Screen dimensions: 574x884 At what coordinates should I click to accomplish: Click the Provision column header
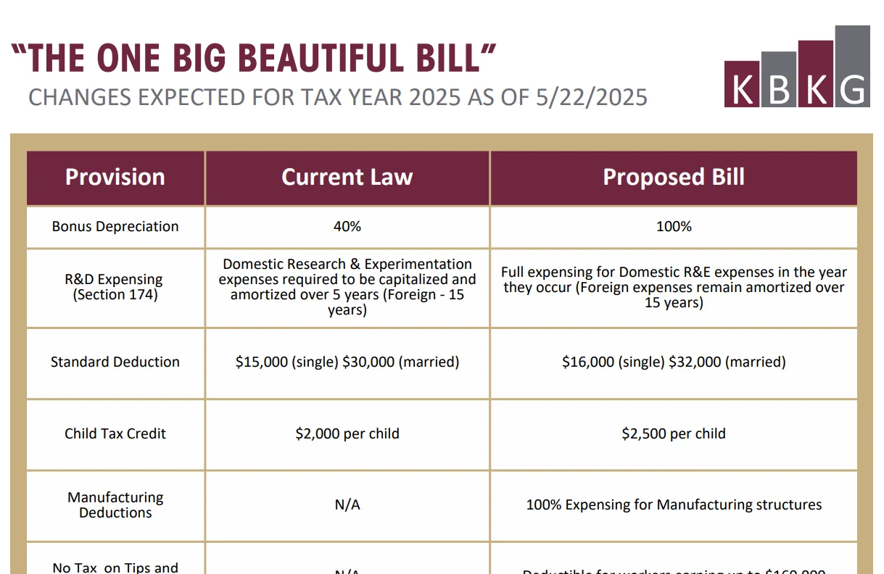click(115, 178)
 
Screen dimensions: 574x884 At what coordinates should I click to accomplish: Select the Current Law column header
click(347, 178)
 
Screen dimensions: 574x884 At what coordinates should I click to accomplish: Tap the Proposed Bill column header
click(674, 178)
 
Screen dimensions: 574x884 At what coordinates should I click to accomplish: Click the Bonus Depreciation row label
click(115, 226)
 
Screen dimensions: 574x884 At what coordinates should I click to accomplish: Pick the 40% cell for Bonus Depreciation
click(347, 226)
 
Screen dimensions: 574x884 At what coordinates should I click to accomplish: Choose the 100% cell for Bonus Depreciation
click(674, 226)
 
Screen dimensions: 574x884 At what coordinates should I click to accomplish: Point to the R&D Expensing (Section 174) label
click(115, 287)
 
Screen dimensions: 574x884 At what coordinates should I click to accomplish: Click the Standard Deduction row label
click(115, 362)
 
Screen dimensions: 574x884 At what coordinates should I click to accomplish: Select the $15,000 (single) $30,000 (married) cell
click(347, 362)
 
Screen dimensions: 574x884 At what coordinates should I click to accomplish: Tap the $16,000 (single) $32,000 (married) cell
click(674, 362)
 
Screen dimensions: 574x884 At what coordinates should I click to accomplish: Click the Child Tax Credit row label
click(115, 433)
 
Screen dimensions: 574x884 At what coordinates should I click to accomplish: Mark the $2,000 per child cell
click(347, 433)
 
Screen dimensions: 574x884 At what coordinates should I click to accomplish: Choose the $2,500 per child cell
click(674, 433)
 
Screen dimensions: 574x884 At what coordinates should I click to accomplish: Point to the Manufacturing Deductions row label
click(115, 505)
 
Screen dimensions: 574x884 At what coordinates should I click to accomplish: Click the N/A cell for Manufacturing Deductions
click(347, 505)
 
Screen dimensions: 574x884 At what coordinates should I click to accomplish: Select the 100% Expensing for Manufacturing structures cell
click(674, 505)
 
